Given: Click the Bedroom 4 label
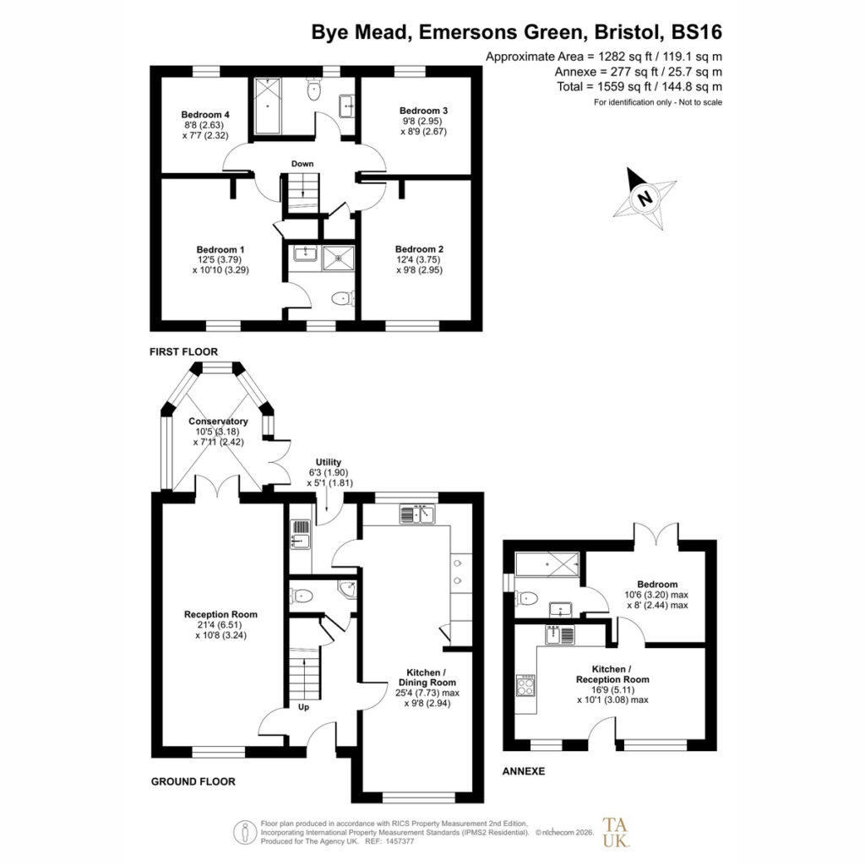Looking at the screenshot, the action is click(x=205, y=115).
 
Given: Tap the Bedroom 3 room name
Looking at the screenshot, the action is click(x=424, y=111).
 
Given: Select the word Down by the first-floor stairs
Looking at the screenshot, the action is click(x=302, y=164).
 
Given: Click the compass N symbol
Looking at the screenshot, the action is click(x=644, y=199).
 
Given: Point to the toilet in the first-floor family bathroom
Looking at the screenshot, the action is click(x=314, y=90).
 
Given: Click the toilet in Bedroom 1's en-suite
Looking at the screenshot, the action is click(x=343, y=299).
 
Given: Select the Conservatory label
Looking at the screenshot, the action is click(x=218, y=422).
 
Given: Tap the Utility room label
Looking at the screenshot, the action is click(x=329, y=462).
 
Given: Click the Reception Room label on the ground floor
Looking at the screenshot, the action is click(x=220, y=615).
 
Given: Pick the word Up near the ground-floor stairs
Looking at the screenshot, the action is click(x=303, y=707).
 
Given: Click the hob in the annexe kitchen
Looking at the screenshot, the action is click(x=525, y=686).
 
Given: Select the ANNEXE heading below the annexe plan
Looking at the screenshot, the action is click(x=524, y=771).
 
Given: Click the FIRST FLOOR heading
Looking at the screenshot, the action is click(x=183, y=352).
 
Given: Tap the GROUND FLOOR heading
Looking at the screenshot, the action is click(x=193, y=781).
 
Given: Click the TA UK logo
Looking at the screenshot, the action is click(x=615, y=832).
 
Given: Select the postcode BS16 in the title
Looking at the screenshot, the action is click(x=697, y=32).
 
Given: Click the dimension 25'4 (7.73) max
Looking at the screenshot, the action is click(x=427, y=693).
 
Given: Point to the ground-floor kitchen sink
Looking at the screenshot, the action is click(x=417, y=514).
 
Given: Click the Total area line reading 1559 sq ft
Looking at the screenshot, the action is click(x=639, y=87).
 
